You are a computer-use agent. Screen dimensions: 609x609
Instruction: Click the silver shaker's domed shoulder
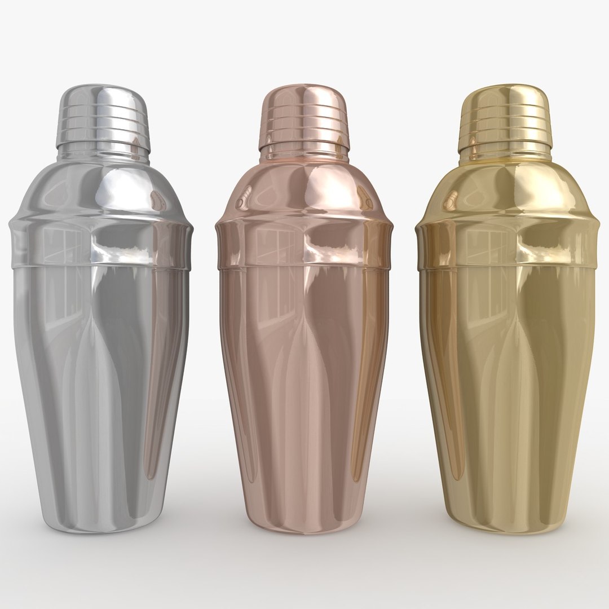click(x=101, y=186)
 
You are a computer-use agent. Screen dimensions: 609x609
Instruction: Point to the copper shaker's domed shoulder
click(x=303, y=186)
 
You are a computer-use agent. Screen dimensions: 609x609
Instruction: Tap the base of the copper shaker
click(x=304, y=525)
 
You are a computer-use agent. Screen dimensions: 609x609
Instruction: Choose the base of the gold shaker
click(x=505, y=525)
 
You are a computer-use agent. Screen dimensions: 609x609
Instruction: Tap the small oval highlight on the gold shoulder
click(x=451, y=198)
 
